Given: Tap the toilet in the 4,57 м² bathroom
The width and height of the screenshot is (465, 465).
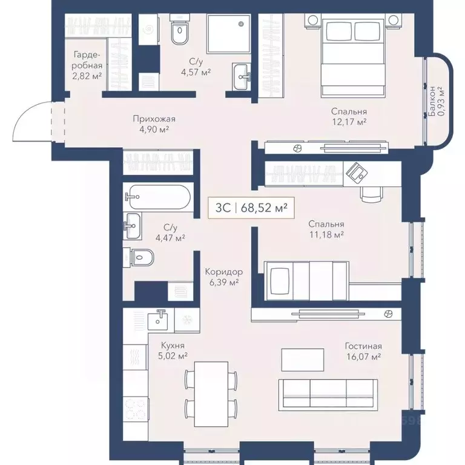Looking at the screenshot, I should click(180, 33).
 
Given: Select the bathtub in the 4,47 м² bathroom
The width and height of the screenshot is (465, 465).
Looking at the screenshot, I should click(159, 197).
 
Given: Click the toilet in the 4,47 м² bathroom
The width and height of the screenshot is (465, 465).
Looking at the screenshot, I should click(140, 258).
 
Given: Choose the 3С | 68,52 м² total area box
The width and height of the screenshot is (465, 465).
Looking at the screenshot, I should click(251, 208).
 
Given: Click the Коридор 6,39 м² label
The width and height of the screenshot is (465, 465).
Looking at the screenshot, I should click(225, 277).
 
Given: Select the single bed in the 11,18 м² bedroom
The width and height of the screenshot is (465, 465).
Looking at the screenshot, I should click(306, 280).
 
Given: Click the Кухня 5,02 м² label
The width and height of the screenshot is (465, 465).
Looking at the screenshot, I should click(173, 351).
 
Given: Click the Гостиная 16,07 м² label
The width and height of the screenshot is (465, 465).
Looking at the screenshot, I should click(363, 351).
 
